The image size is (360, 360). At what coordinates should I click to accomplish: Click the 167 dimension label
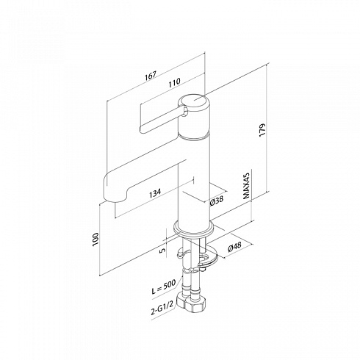click(x=150, y=75)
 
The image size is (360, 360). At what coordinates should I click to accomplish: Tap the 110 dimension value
click(x=174, y=82)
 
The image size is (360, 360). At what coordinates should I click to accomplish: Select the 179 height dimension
click(x=262, y=130)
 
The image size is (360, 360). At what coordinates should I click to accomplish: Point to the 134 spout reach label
click(x=155, y=192)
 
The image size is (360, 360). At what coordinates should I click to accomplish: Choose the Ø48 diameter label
click(x=234, y=247)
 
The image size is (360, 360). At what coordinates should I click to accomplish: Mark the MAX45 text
click(x=246, y=185)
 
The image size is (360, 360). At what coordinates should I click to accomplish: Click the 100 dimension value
click(x=96, y=239)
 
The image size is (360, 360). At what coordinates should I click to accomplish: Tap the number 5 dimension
click(x=162, y=251)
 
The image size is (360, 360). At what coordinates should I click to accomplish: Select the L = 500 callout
click(x=163, y=287)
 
